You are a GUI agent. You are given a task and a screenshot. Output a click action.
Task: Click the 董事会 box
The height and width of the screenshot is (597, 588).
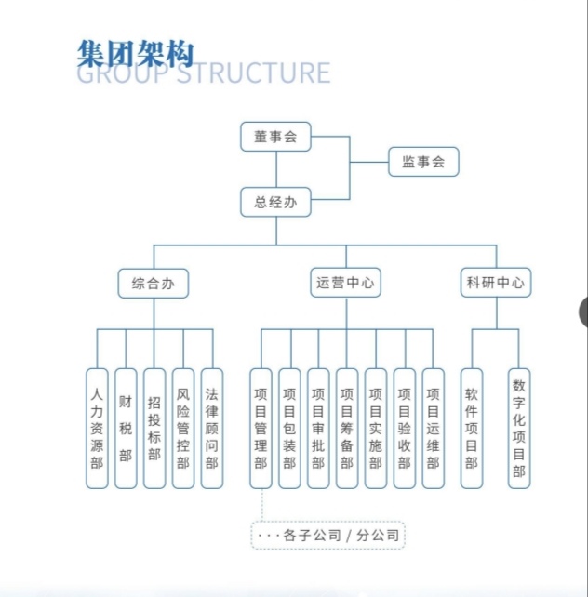[275, 137]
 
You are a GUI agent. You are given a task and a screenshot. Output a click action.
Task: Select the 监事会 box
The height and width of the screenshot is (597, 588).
[423, 163]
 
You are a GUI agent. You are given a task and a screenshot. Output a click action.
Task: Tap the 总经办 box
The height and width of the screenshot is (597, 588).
[275, 202]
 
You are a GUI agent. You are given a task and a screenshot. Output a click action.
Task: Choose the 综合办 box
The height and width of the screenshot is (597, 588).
[154, 283]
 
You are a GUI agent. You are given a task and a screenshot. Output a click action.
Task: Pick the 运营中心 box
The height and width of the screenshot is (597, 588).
[346, 283]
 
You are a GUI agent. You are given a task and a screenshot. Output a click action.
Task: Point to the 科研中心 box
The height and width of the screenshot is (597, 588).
[496, 283]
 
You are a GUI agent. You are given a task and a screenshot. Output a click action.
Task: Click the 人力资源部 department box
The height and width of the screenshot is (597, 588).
[97, 428]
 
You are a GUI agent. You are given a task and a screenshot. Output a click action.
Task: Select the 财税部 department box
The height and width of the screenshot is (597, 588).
[126, 428]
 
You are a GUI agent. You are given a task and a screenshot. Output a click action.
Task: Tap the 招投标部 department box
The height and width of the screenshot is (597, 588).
[154, 428]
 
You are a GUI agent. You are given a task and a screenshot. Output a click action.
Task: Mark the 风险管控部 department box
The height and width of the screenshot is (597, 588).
[183, 428]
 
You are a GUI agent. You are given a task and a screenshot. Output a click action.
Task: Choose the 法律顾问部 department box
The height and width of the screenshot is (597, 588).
[212, 428]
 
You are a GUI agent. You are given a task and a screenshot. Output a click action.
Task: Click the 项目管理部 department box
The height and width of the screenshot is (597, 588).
[261, 428]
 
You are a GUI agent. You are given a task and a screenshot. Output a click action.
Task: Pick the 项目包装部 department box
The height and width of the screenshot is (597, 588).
[289, 428]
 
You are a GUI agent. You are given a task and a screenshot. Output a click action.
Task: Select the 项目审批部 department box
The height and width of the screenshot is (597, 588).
[318, 428]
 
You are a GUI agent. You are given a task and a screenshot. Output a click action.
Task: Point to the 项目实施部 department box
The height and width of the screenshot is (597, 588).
[376, 428]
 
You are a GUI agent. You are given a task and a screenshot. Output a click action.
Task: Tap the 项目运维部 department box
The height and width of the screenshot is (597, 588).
[433, 428]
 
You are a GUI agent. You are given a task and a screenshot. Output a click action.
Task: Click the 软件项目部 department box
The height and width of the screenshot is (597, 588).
[473, 428]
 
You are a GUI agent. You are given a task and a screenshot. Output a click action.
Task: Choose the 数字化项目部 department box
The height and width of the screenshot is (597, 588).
[519, 428]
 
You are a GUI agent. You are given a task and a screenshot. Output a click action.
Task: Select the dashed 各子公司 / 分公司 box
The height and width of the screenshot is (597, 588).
[329, 535]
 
